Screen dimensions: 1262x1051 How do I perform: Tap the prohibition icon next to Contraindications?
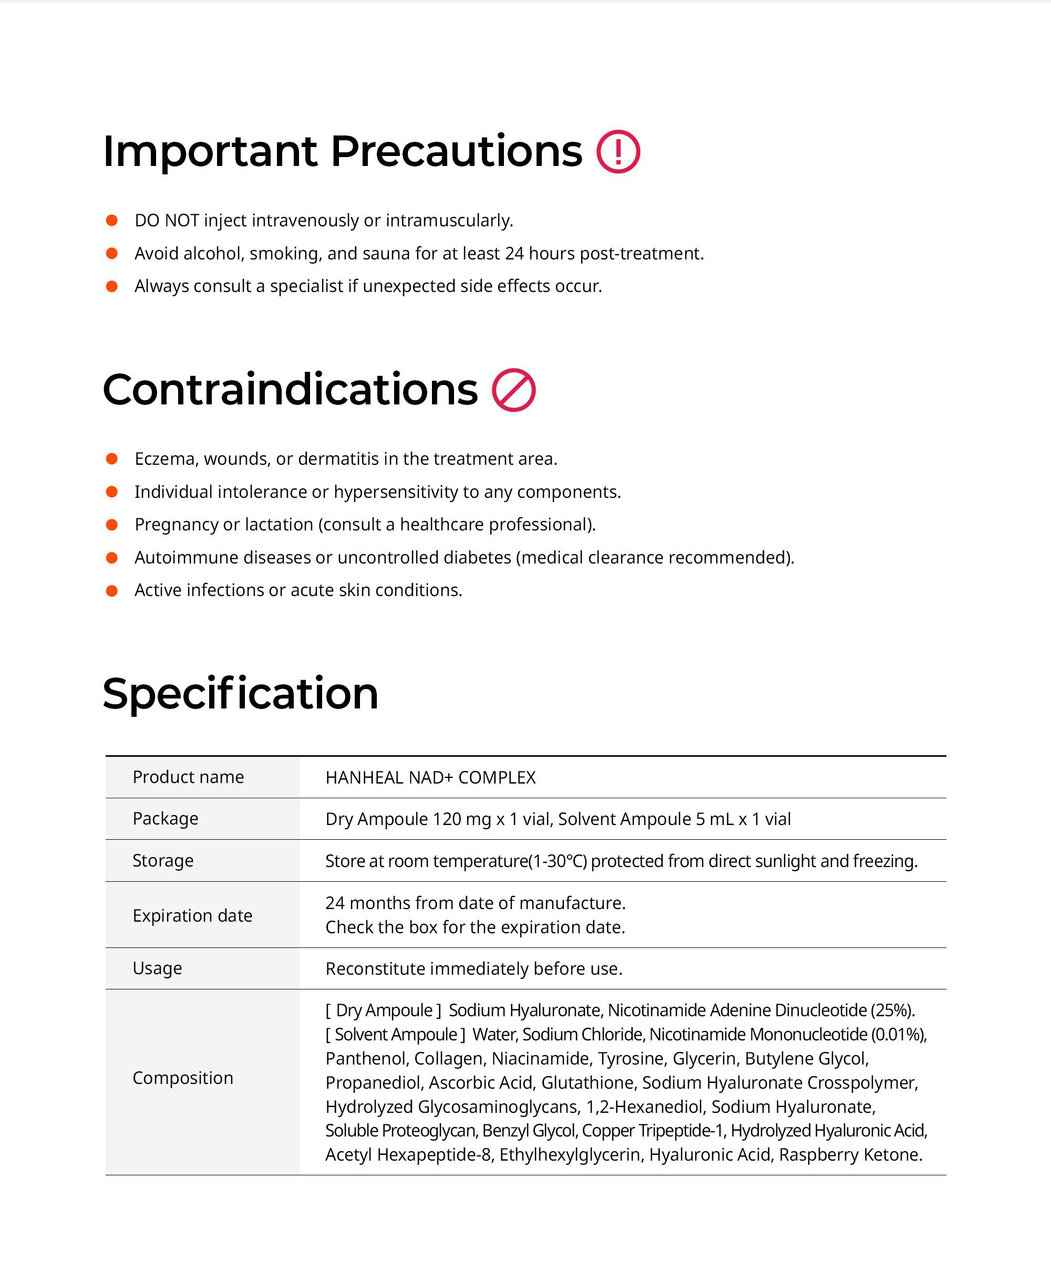coord(513,390)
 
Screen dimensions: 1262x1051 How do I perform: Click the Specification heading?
coord(241,694)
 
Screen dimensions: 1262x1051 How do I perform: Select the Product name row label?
coord(188,777)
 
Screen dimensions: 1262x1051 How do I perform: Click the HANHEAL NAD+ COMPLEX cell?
coord(430,778)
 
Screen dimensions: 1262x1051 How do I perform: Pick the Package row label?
coord(166,819)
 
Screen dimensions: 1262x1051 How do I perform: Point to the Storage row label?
coord(163,861)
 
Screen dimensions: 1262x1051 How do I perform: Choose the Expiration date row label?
coord(192,915)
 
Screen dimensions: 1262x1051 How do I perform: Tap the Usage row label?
coord(157,968)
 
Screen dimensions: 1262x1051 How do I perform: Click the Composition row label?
coord(183,1078)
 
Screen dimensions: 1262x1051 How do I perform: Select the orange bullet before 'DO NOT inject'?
coord(112,221)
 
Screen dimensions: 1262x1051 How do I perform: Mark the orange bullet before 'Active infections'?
coord(112,591)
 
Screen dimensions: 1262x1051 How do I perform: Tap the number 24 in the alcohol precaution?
coord(514,254)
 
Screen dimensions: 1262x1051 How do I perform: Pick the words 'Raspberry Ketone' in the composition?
coord(850,1154)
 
